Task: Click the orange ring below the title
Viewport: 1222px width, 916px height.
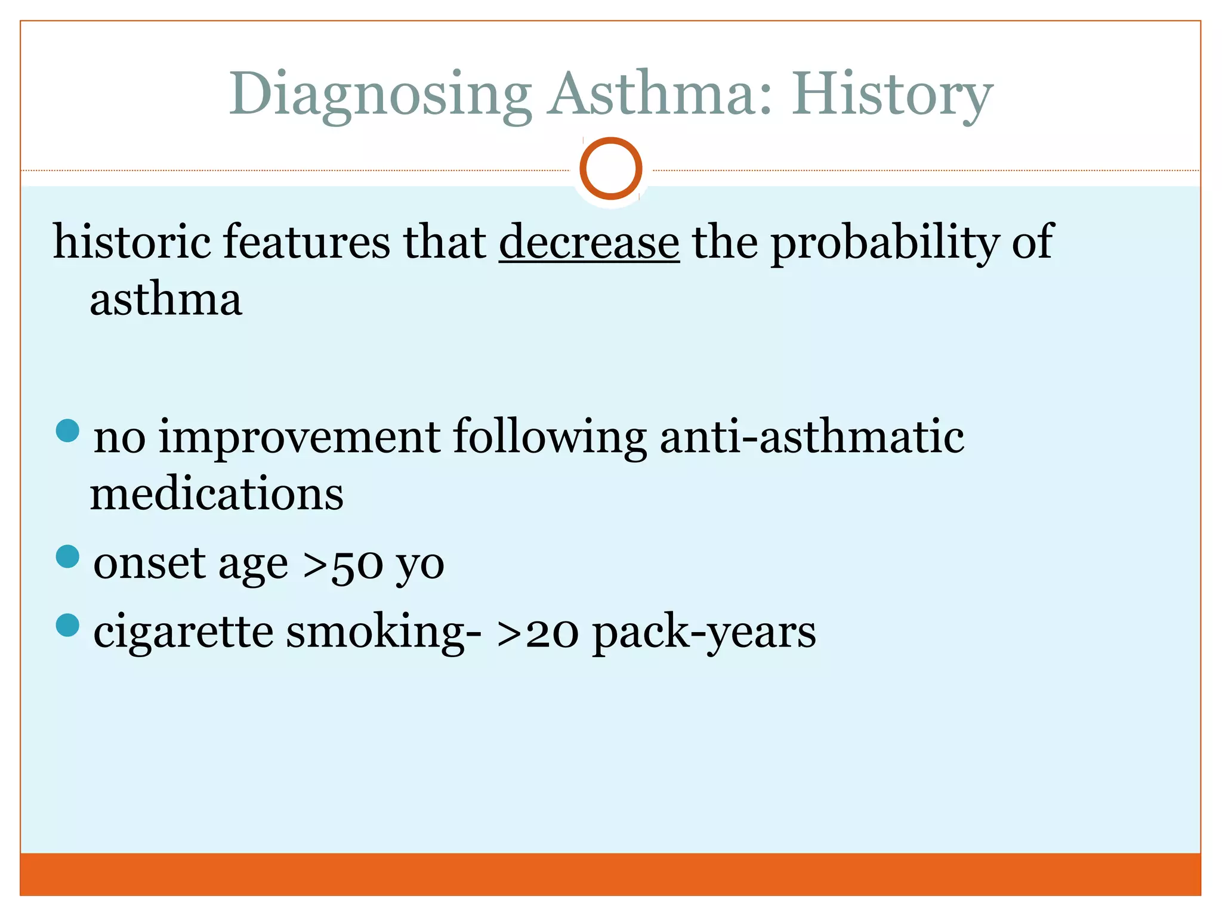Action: [610, 168]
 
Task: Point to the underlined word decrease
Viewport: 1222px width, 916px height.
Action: [589, 242]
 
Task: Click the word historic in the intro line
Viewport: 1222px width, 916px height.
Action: [132, 242]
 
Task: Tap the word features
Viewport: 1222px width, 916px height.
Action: [306, 242]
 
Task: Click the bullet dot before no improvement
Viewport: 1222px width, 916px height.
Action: [67, 431]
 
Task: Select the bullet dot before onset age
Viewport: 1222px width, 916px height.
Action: [67, 557]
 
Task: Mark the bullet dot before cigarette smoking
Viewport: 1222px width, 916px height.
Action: [67, 626]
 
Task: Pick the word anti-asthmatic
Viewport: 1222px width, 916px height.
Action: [811, 436]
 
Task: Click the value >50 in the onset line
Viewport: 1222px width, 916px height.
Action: [342, 564]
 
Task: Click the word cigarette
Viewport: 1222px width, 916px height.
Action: [183, 632]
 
